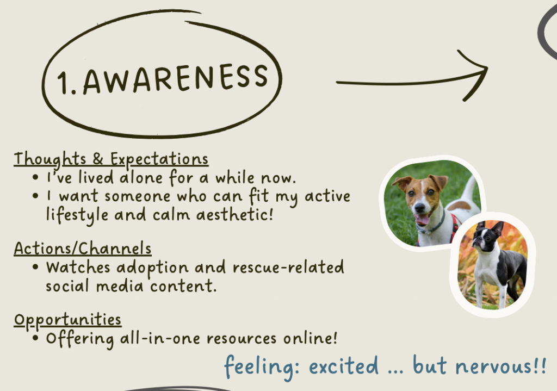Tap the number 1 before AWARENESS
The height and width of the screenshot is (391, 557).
click(63, 83)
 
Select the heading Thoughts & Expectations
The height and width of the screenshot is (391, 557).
click(111, 159)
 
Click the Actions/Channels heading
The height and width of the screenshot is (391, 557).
click(83, 248)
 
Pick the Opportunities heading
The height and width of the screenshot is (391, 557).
click(67, 320)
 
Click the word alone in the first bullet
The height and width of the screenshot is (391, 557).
click(141, 178)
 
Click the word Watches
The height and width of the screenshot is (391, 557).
click(78, 268)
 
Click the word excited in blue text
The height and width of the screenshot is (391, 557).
click(344, 366)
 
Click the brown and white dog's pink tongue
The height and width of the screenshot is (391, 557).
click(422, 219)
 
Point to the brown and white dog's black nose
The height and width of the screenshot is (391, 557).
click(419, 207)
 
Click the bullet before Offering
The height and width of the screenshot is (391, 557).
click(35, 338)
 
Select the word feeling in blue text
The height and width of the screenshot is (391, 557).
click(261, 367)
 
